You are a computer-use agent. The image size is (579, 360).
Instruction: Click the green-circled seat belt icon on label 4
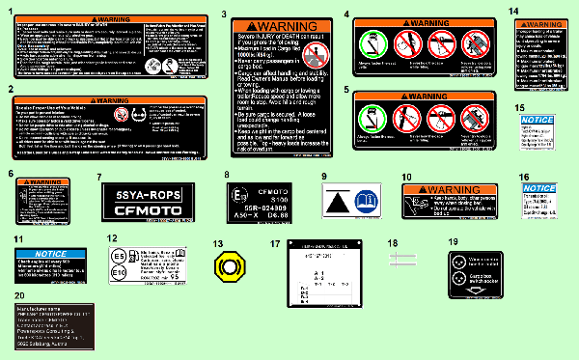pyautogui.click(x=368, y=42)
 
